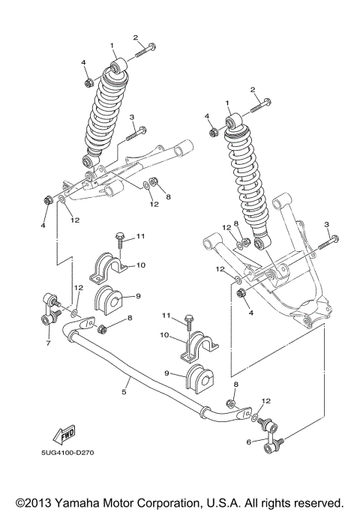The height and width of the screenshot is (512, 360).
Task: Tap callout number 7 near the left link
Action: [48, 343]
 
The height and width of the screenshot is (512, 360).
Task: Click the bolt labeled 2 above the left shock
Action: [144, 52]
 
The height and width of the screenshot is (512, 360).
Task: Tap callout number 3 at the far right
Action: [327, 224]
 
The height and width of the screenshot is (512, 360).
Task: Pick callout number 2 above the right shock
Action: [254, 91]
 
